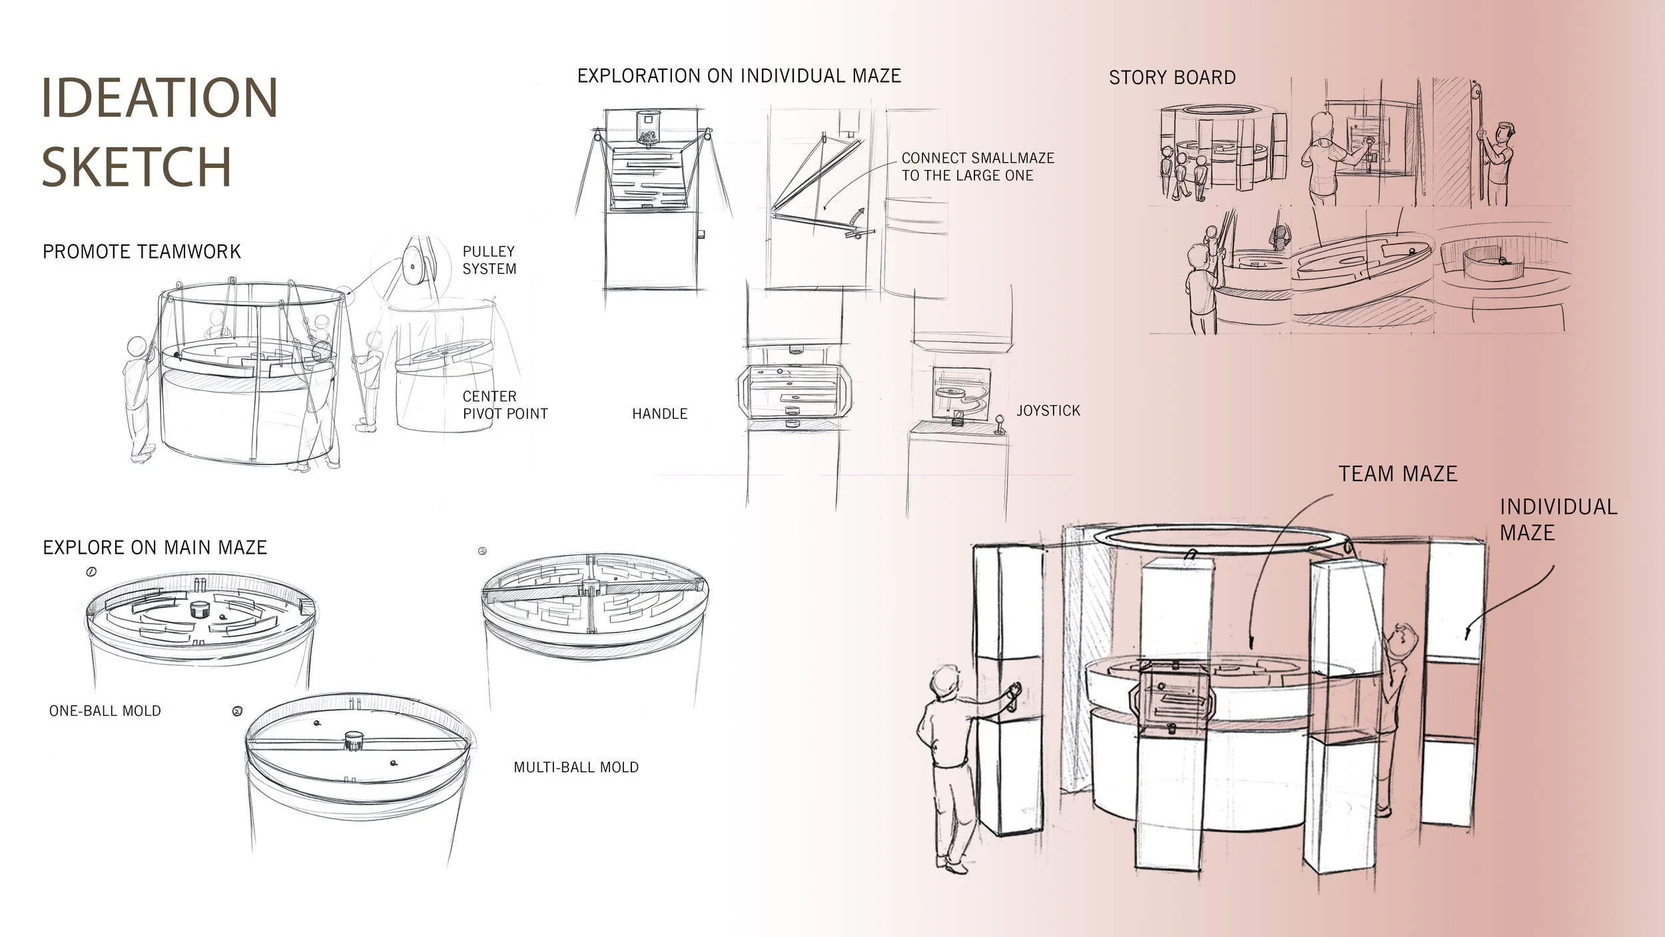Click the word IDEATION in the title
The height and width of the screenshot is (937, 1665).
[x=160, y=98]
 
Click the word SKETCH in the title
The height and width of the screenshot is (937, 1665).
[x=137, y=166]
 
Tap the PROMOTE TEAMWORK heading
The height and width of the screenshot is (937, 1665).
[x=142, y=252]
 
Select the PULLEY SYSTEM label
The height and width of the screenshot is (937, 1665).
[x=490, y=260]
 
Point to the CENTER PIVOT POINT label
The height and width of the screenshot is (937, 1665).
[x=505, y=405]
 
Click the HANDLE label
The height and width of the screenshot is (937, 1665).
[x=659, y=414]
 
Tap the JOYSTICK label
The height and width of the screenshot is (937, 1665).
[x=1048, y=411]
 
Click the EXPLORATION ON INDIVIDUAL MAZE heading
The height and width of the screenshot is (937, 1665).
[x=739, y=76]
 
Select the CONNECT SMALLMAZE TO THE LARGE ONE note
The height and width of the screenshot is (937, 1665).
[x=977, y=167]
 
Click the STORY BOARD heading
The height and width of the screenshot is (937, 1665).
[x=1172, y=78]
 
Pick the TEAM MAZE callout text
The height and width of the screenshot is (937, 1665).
[x=1398, y=474]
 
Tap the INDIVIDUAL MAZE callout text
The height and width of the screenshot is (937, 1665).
[x=1558, y=519]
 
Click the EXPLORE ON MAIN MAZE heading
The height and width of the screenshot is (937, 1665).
[x=155, y=548]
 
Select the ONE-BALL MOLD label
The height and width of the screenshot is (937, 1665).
[x=105, y=711]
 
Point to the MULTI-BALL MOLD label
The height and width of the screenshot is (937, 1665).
[x=576, y=767]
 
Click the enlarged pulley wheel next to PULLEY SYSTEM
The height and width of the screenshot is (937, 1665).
[x=411, y=267]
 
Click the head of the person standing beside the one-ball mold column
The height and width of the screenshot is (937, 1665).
[x=945, y=683]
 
